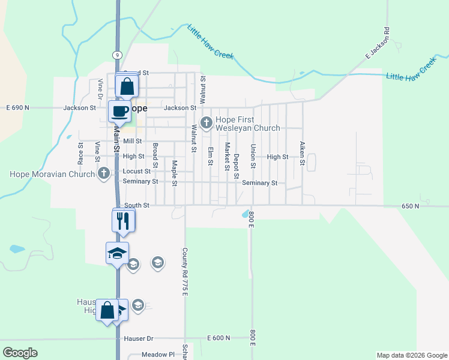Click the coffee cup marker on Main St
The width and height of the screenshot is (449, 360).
119,110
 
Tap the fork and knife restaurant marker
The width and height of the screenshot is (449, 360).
123,220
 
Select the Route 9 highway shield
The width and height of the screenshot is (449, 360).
116,55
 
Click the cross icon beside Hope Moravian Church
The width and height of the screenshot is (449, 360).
104,174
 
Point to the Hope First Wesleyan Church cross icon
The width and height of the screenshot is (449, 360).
206,123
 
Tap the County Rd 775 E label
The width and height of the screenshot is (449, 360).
185,271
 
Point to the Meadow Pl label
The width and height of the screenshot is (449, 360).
158,355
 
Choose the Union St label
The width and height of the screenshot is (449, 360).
253,156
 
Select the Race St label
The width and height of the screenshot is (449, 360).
80,153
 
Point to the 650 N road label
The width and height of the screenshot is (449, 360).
411,206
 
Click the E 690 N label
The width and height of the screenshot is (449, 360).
18,108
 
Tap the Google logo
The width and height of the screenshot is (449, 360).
20,353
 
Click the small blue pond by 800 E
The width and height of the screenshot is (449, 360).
245,214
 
